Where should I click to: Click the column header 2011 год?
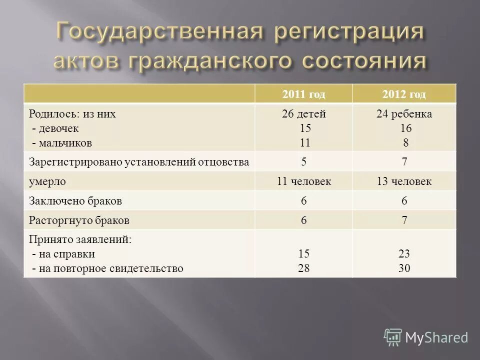coord(303,94)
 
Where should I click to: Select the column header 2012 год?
coord(404,94)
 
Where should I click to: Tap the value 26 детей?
coord(303,114)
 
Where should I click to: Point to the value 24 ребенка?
coord(404,114)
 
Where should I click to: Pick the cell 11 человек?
coord(303,181)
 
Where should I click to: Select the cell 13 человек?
coord(404,181)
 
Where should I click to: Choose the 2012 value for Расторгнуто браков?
coord(404,220)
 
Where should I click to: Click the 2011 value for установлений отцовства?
coord(303,161)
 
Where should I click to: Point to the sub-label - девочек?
coord(55,128)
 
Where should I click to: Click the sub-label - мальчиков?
coord(61,142)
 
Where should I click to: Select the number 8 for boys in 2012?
coord(405,142)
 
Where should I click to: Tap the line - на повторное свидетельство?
coord(107,268)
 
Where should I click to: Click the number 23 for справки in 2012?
coord(404,254)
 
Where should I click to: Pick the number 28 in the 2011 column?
coord(303,268)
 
